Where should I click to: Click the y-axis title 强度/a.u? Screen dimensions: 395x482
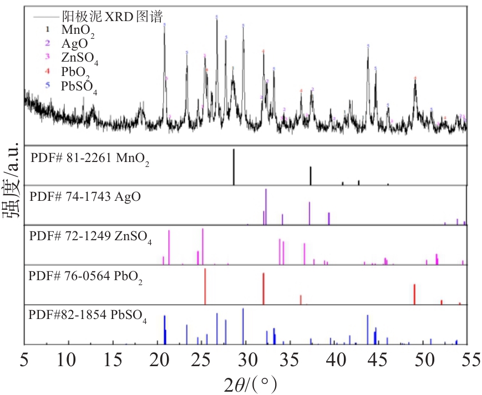point(12,189)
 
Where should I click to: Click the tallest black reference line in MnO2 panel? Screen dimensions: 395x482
point(234,166)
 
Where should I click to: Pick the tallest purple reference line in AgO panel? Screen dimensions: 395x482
point(266,206)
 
